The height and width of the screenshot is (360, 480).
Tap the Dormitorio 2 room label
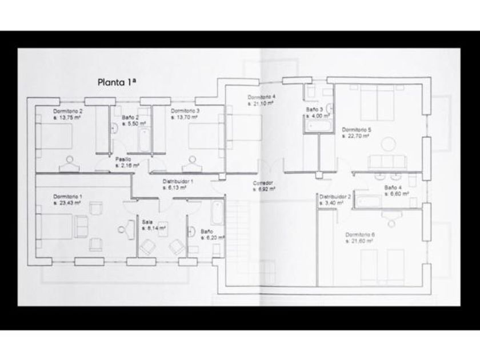click(x=67, y=111)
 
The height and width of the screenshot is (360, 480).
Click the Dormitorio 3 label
click(x=185, y=111)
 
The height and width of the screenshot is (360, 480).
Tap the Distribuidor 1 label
click(x=178, y=181)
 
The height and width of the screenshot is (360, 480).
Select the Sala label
click(x=147, y=221)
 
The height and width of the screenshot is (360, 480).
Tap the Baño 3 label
click(x=314, y=109)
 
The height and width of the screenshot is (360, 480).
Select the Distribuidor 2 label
click(x=335, y=196)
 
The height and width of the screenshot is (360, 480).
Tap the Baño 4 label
click(x=393, y=187)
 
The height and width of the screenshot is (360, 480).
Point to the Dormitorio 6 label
click(x=360, y=235)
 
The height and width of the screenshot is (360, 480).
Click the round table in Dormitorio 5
click(x=389, y=143)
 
